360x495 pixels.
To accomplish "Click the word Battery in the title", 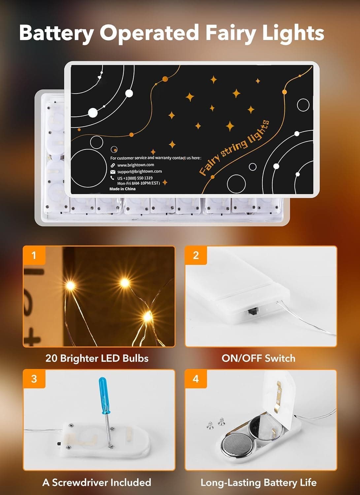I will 56,33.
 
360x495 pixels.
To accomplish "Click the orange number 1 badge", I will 34,255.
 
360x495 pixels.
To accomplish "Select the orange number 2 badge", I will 196,255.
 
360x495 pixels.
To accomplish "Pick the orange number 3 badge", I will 34,379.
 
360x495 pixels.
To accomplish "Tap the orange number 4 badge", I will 196,379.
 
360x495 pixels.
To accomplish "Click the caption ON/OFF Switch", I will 258,358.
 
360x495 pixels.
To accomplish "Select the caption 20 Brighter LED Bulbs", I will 97,358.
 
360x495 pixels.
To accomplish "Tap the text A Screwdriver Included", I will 97,482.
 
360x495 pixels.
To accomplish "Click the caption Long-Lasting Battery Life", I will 258,483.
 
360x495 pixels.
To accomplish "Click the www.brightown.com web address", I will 136,165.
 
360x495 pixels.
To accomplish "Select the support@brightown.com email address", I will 139,171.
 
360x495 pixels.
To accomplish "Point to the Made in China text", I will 122,189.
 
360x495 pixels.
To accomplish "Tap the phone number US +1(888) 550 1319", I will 135,178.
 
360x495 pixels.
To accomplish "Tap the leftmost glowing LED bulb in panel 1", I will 70,285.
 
